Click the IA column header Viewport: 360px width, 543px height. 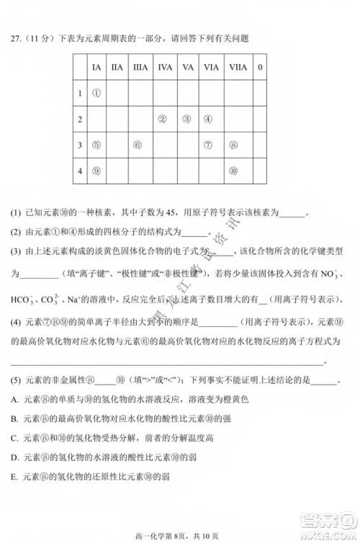[96, 67]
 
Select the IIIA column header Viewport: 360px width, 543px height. [140, 67]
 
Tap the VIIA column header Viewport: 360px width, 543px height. [235, 67]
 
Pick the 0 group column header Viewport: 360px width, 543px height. [260, 67]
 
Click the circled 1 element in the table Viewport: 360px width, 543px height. [96, 93]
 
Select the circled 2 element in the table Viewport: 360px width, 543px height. [163, 119]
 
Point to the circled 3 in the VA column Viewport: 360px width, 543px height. [186, 119]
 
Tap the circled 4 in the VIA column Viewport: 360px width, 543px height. [208, 119]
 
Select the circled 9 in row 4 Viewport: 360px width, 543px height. [96, 171]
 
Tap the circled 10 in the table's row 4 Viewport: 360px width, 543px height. [233, 171]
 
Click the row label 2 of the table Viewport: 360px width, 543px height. [80, 119]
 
